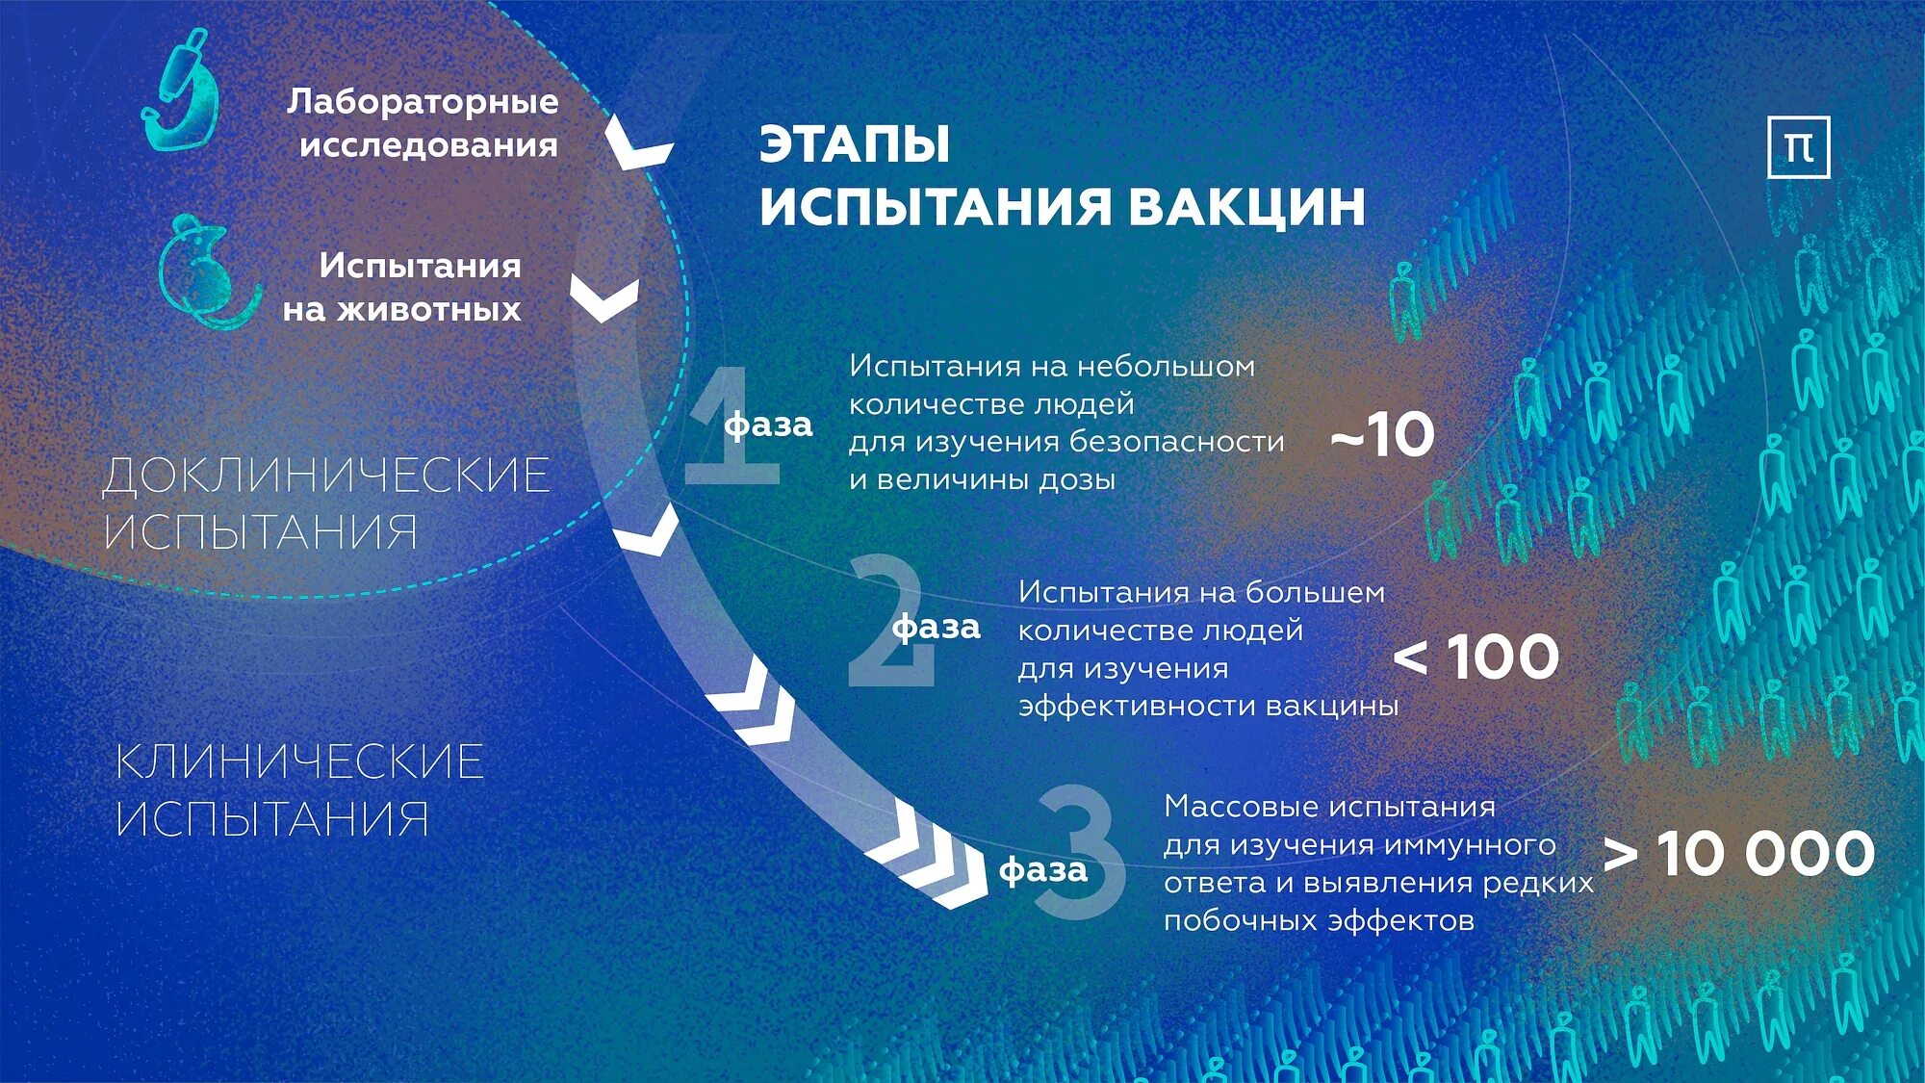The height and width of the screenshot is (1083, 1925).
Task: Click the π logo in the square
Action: click(x=1798, y=147)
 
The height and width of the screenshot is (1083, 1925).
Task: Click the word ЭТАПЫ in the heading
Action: click(x=855, y=144)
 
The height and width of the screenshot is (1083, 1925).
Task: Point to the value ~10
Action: click(x=1382, y=435)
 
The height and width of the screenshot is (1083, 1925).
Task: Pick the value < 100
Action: click(x=1476, y=658)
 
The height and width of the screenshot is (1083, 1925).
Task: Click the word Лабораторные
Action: click(x=423, y=101)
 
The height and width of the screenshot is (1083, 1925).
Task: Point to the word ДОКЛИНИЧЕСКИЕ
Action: click(x=326, y=476)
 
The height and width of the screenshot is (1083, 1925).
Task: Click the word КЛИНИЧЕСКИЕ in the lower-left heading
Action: click(x=299, y=761)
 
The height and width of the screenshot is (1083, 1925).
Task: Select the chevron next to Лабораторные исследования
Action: click(x=637, y=147)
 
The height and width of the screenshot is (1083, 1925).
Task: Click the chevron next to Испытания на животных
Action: click(x=604, y=298)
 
